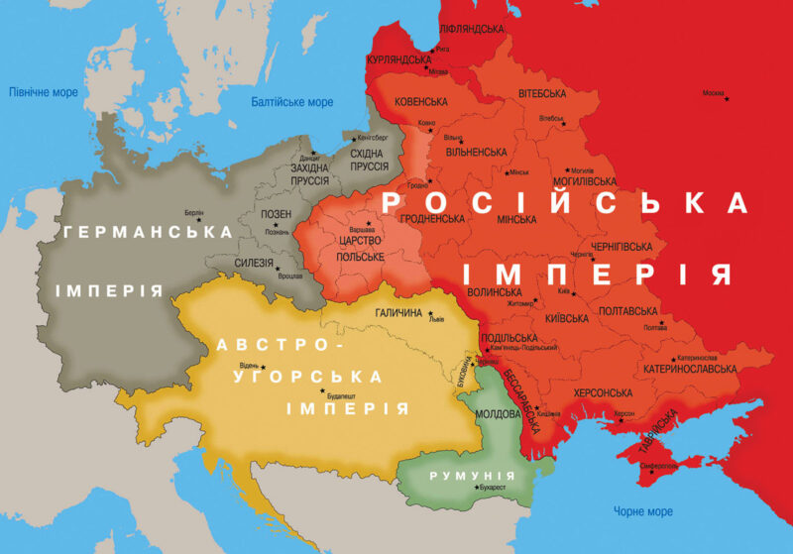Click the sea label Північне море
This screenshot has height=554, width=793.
click(43, 91)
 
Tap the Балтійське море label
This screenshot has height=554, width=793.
click(292, 102)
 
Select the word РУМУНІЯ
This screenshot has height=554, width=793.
click(473, 476)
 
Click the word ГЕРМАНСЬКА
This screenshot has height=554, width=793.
click(148, 232)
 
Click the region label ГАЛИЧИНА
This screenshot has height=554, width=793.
click(398, 312)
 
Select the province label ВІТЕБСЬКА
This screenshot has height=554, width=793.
click(542, 94)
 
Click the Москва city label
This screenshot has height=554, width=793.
click(713, 94)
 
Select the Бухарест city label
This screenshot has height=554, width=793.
click(495, 488)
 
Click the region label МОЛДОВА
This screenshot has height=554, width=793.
click(488, 411)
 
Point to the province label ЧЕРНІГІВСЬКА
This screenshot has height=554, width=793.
click(616, 246)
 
